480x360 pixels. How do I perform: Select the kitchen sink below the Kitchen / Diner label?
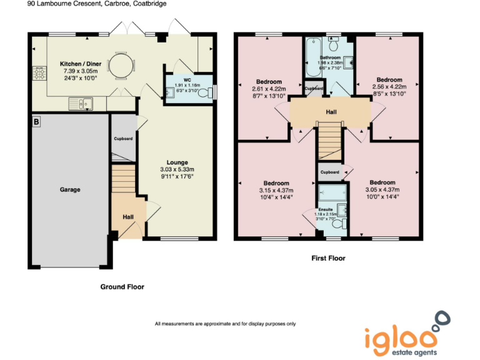coord(82,102)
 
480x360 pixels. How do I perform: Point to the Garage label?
coord(69,189)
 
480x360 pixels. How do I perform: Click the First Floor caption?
coord(328,258)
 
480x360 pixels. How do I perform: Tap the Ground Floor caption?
coord(122,287)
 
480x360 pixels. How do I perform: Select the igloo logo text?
coord(400,337)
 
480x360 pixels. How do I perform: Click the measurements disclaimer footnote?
coord(225,324)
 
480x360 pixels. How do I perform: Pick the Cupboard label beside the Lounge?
coord(122,138)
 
